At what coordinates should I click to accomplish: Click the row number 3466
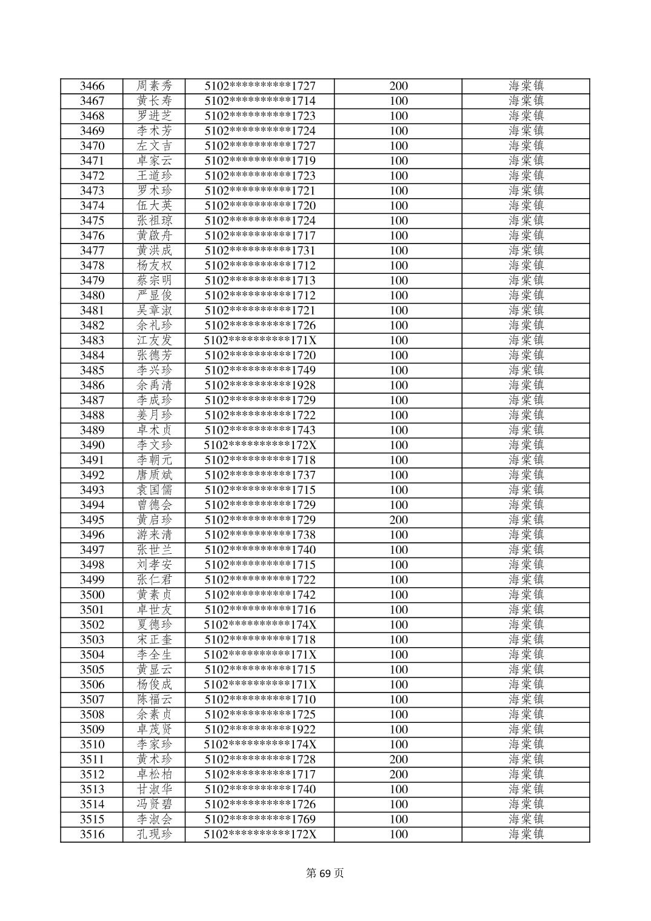click(92, 86)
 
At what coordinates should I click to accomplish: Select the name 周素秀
click(154, 86)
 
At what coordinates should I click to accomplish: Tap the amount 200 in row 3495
click(398, 520)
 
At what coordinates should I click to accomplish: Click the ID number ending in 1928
click(260, 385)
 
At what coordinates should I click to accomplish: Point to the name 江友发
click(154, 341)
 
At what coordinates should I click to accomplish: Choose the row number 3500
click(92, 595)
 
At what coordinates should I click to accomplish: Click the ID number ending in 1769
click(260, 819)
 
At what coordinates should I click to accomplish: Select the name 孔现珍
click(154, 834)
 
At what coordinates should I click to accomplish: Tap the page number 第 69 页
click(325, 873)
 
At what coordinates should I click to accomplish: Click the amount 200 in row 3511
click(398, 759)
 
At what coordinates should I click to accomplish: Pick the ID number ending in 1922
click(260, 730)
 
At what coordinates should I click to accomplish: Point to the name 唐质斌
click(154, 475)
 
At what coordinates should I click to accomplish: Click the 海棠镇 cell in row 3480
click(526, 296)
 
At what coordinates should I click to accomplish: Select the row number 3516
click(92, 834)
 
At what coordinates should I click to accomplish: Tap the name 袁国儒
click(154, 490)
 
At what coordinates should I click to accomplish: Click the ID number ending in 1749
click(260, 370)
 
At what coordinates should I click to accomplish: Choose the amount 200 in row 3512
click(398, 774)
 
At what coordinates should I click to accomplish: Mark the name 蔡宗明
click(154, 281)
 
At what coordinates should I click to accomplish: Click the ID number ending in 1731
click(260, 251)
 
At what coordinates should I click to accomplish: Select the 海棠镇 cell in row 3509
click(526, 730)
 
